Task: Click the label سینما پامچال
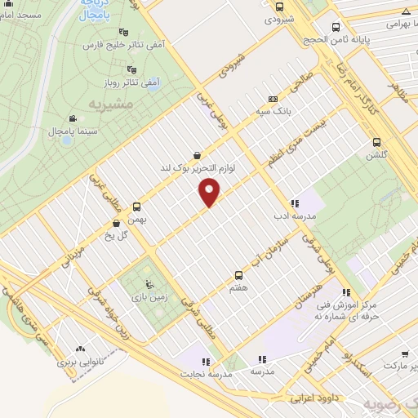51,131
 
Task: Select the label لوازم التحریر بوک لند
197,167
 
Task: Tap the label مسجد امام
24,16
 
